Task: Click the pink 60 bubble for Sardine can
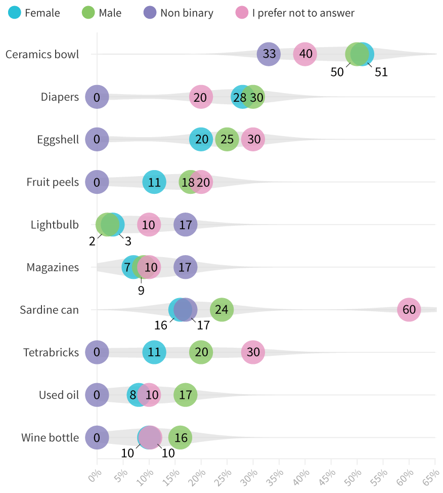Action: click(x=409, y=310)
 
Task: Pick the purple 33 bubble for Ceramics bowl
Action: click(x=269, y=54)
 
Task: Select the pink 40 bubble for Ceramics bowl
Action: click(x=305, y=54)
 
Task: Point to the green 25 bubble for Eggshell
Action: click(x=227, y=140)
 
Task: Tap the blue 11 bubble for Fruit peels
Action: click(x=154, y=182)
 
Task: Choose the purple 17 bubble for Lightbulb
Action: click(x=186, y=225)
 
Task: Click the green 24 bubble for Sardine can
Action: click(x=221, y=310)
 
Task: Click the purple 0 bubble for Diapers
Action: click(x=97, y=97)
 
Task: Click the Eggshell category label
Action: click(x=58, y=140)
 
